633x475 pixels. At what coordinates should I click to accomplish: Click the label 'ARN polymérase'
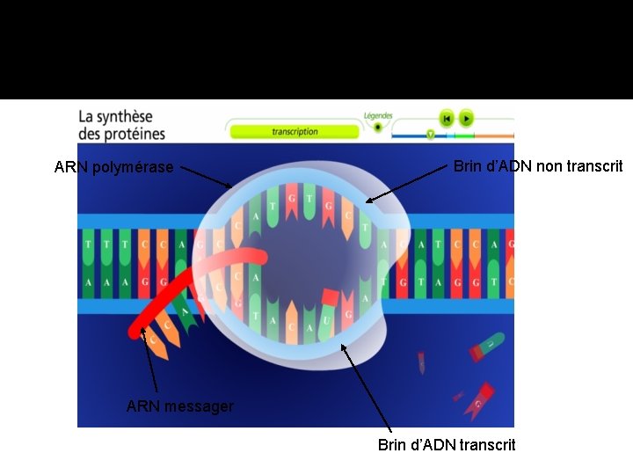pos(113,167)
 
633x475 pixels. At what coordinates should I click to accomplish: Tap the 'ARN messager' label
pos(180,406)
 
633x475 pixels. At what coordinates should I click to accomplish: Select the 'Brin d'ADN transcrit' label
pos(447,445)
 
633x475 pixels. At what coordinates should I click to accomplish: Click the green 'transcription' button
pos(295,132)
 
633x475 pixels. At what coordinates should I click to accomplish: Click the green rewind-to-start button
pos(447,118)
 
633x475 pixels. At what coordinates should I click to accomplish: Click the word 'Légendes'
pos(378,115)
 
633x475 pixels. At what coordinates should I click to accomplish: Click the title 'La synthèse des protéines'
pos(121,125)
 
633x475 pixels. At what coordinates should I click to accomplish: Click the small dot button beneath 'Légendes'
pos(378,127)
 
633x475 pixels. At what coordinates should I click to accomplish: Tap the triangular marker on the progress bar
pos(430,135)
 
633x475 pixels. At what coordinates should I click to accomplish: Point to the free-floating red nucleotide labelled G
pos(480,401)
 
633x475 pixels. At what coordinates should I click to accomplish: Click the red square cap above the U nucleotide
pos(331,297)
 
